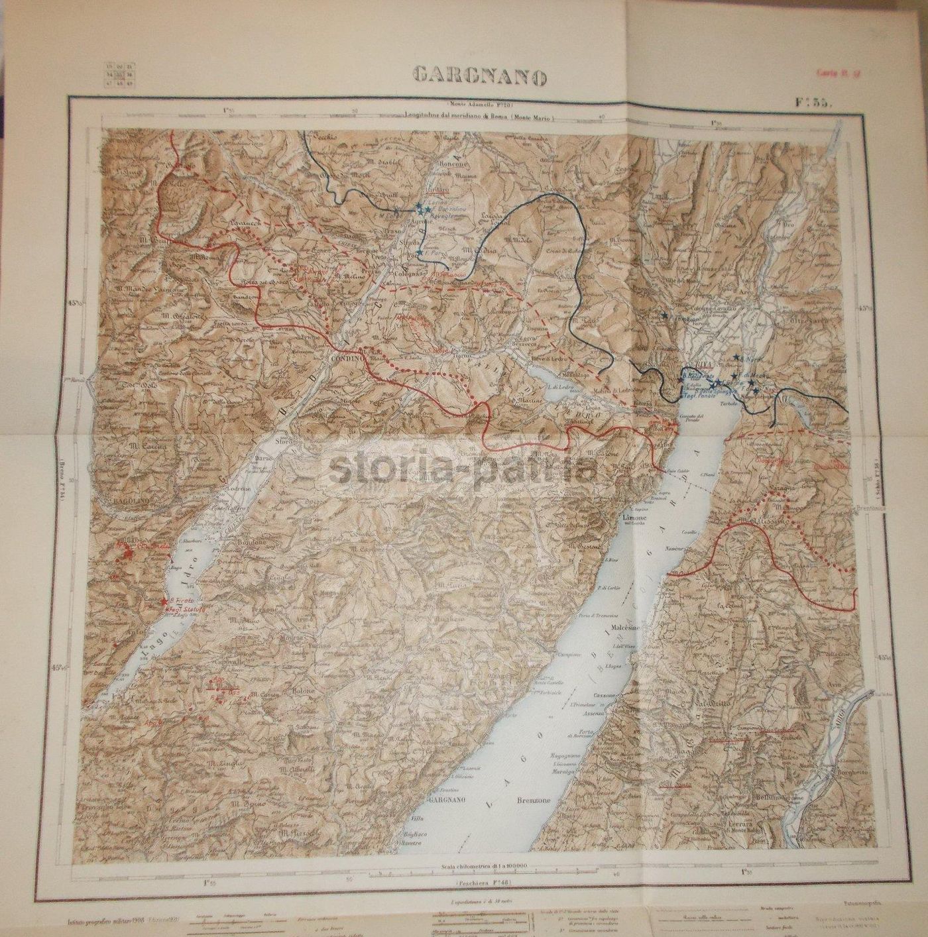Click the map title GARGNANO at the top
click(480, 76)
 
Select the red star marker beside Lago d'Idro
click(164, 600)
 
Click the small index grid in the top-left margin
click(118, 75)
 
